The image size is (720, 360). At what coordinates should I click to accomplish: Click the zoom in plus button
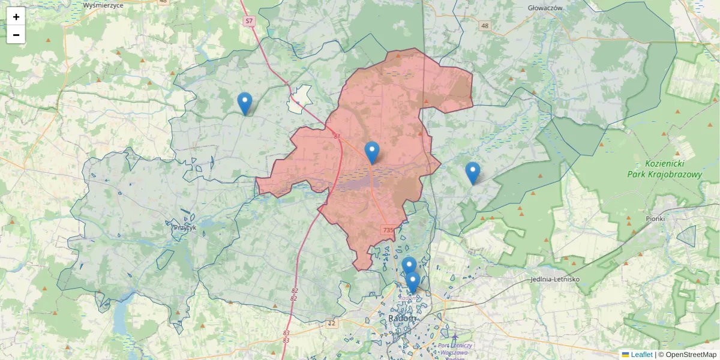coord(16,17)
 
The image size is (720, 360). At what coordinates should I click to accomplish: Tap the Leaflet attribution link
coord(641,355)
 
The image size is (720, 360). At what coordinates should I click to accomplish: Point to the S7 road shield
coord(249,21)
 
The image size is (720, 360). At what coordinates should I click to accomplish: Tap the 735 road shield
coord(388,230)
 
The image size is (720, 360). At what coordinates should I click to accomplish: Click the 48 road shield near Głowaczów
coord(485,26)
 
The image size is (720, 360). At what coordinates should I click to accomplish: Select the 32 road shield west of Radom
coord(332,323)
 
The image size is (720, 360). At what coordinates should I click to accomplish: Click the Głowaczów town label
coord(545,8)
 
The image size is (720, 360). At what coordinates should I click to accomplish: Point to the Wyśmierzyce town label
coord(103,5)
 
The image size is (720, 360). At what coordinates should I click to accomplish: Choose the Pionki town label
coord(655,219)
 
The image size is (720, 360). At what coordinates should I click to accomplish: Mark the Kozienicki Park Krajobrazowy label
coord(673,169)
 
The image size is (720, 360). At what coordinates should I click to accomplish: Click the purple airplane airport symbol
coord(455,338)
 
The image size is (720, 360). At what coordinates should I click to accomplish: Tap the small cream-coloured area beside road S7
coord(299,99)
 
